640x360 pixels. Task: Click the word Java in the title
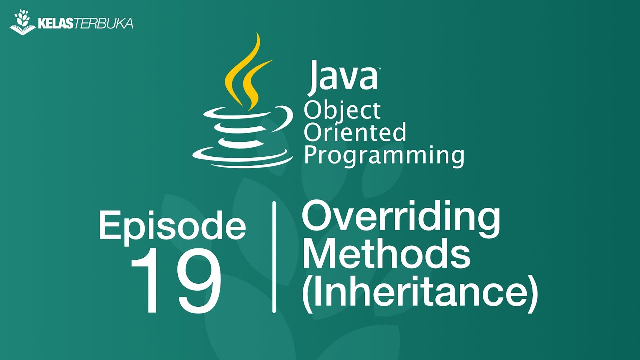(x=341, y=76)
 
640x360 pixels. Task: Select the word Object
(x=342, y=111)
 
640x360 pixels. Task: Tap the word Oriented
(x=355, y=133)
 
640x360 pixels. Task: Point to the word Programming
(x=384, y=155)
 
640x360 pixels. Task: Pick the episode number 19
(x=175, y=282)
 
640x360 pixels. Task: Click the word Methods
(x=386, y=253)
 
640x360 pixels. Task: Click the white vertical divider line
(x=274, y=257)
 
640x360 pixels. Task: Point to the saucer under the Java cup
(x=242, y=155)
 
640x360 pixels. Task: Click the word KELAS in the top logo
(x=55, y=23)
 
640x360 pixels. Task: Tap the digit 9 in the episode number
(x=197, y=282)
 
